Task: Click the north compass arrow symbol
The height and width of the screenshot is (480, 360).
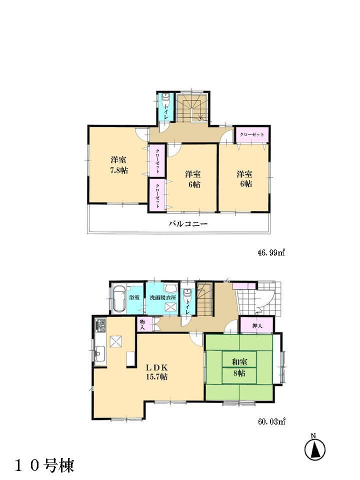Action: (315, 448)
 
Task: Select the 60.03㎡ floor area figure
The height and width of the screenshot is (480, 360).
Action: (270, 422)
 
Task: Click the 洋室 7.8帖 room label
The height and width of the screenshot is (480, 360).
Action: (119, 165)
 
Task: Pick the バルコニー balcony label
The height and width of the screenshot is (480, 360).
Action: (187, 224)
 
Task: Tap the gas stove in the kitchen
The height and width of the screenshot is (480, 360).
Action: (98, 328)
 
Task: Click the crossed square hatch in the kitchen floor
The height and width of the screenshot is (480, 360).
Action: (116, 341)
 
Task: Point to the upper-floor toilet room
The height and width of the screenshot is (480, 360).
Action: (165, 107)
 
